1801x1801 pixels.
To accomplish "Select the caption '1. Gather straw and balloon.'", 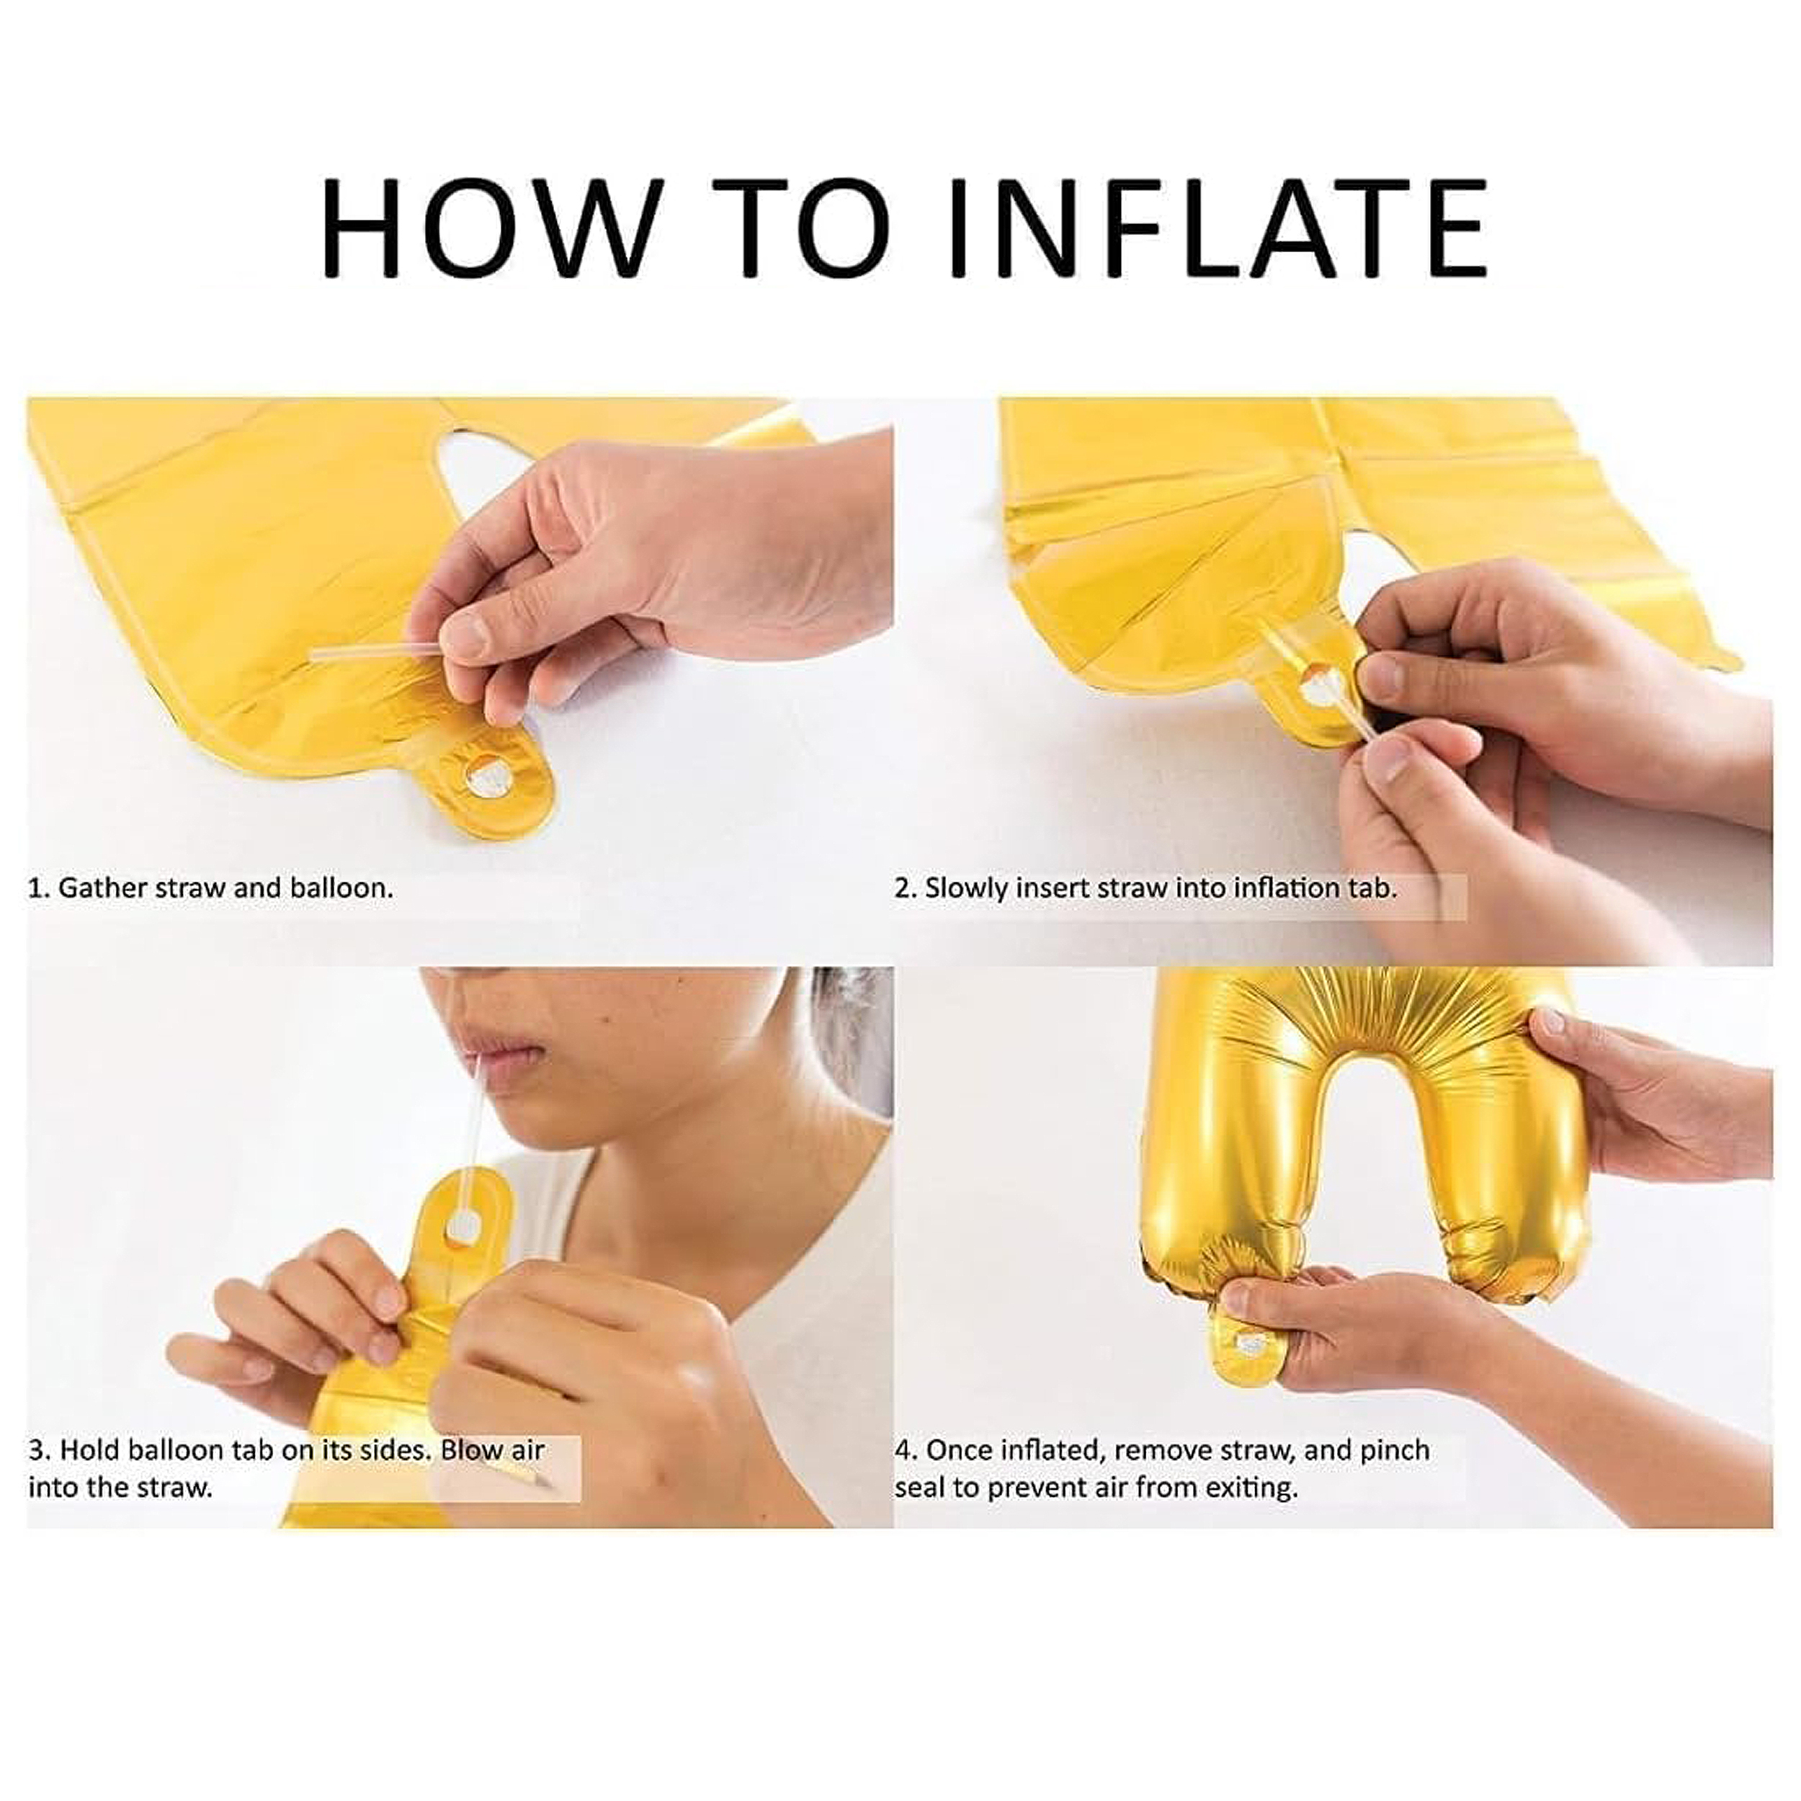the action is pyautogui.click(x=210, y=888).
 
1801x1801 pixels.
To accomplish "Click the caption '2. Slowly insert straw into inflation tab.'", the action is pyautogui.click(x=1145, y=888).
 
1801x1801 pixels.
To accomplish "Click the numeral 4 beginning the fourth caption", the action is pyautogui.click(x=901, y=1450).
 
